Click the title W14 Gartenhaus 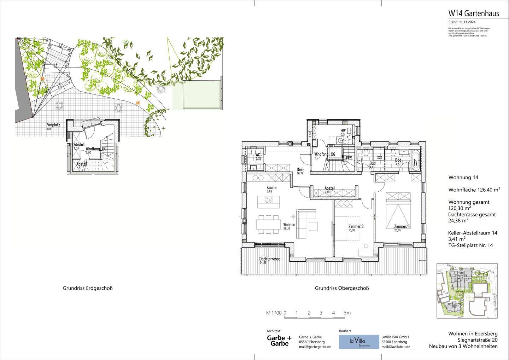(x=473, y=13)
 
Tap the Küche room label (x=271, y=188)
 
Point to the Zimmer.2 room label (x=356, y=227)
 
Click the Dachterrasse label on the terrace (x=270, y=259)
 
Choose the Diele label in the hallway (x=300, y=170)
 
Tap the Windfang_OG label (x=324, y=155)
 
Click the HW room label (x=343, y=131)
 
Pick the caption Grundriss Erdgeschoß (x=88, y=288)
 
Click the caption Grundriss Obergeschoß (x=342, y=288)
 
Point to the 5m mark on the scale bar (x=347, y=313)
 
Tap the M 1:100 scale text (x=274, y=313)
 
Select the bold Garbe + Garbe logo (x=279, y=341)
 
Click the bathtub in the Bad (x=416, y=161)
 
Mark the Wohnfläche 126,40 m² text (x=474, y=190)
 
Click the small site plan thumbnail (x=467, y=291)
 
